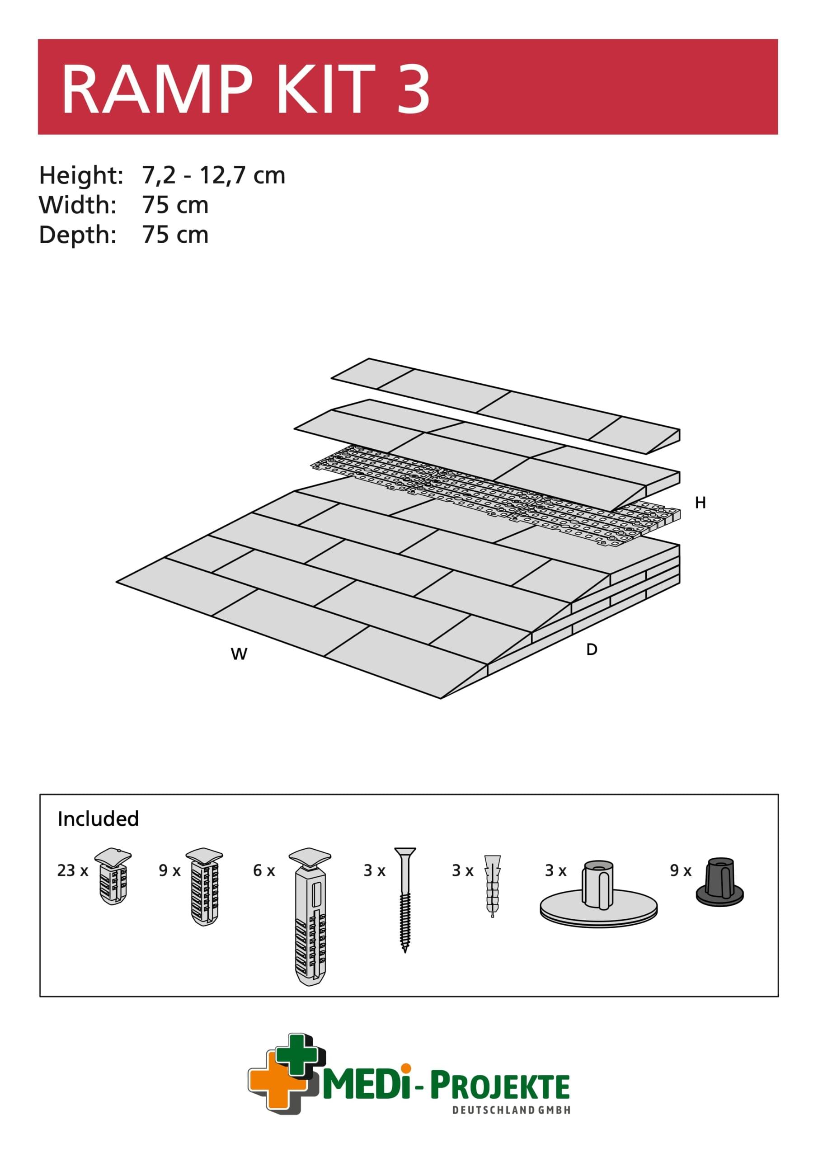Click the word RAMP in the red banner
[157, 89]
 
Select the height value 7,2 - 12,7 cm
[214, 175]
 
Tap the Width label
[78, 205]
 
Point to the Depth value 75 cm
[175, 235]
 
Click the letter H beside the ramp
[700, 503]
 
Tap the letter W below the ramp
[239, 654]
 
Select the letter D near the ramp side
[592, 649]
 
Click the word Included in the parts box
[98, 818]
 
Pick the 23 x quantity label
[73, 870]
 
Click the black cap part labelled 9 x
[720, 880]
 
